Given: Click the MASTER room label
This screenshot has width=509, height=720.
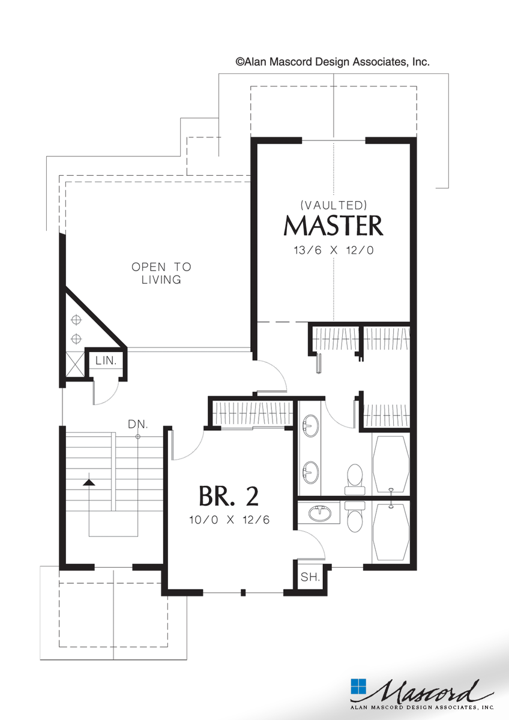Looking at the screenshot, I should tap(333, 226).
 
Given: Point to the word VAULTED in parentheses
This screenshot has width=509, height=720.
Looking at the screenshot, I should tap(333, 204).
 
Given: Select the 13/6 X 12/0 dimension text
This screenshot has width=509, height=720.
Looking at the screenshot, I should tap(333, 250).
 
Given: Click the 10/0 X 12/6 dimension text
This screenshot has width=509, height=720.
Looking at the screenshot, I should tap(229, 520).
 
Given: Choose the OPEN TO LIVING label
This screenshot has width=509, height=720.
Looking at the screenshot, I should tap(161, 273).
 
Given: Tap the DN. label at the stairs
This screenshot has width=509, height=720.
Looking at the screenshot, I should tap(137, 424).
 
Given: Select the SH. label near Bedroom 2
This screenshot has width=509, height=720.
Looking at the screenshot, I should tap(309, 577).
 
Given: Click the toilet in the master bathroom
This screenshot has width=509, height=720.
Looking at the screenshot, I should tap(354, 477).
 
